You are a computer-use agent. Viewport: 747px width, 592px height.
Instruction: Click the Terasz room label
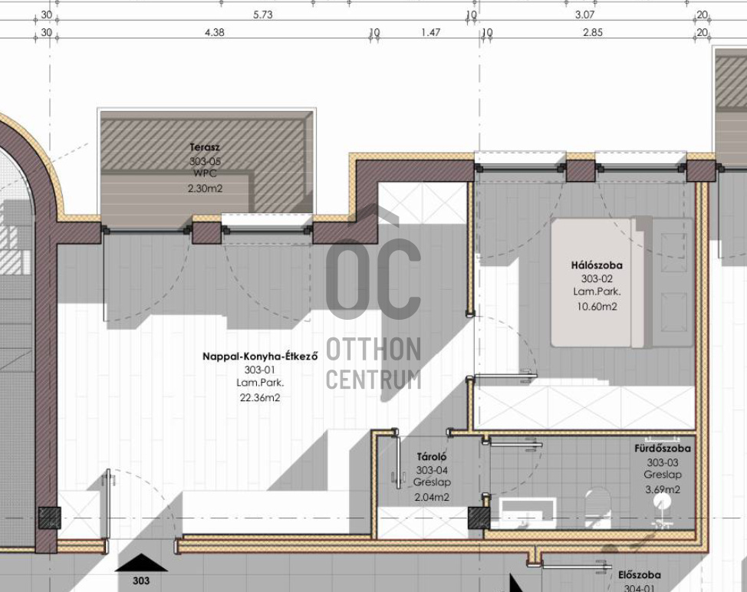(205, 147)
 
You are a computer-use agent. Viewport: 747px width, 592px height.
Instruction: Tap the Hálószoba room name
(597, 265)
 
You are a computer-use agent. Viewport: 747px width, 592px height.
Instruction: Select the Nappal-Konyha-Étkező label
(260, 356)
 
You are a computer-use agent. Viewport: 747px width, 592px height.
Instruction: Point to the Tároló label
(432, 456)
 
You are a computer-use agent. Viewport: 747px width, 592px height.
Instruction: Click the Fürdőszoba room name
(662, 448)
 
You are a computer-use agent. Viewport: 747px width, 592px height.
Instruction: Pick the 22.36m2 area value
(260, 397)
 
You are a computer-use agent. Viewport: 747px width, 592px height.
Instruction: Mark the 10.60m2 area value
(597, 306)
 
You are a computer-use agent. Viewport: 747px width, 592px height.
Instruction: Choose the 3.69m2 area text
(663, 489)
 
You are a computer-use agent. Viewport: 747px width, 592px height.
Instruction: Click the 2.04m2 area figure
(432, 497)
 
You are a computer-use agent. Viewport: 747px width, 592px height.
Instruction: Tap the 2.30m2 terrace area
(205, 188)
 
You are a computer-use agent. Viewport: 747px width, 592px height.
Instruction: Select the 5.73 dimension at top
(263, 15)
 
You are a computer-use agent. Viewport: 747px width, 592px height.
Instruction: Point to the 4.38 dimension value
(215, 32)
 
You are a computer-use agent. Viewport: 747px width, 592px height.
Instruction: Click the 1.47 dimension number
(431, 32)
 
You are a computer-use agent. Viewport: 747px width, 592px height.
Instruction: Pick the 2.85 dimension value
(593, 32)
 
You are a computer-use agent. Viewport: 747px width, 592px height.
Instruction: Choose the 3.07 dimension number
(584, 15)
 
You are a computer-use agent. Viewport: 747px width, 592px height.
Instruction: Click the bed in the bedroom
(622, 282)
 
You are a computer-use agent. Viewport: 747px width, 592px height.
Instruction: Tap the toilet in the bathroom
(597, 508)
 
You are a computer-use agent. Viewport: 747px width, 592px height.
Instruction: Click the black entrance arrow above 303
(141, 563)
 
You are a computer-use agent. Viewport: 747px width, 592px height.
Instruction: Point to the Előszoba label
(640, 575)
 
